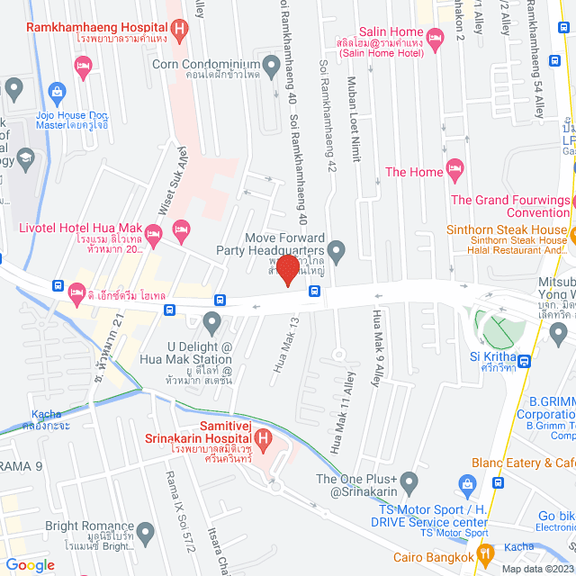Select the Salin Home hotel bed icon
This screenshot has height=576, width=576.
pos(436,37)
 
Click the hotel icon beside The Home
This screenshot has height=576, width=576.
pos(455,169)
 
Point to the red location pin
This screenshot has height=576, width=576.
pos(288,269)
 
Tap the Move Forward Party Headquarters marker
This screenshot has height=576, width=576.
pos(337,249)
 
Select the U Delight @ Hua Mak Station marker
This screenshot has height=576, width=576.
pos(212,321)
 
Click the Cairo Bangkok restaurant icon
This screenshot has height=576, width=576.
pos(484,554)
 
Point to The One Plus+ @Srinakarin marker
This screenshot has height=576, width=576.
pos(409,481)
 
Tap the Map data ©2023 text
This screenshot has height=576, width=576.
pos(535,568)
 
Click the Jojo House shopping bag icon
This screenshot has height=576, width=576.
pos(56,91)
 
